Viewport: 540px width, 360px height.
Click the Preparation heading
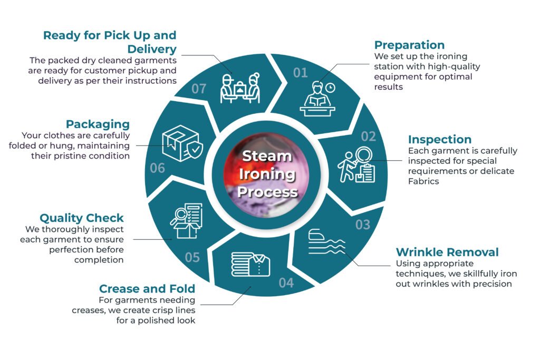[409, 45]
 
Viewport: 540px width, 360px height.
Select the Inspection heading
[439, 139]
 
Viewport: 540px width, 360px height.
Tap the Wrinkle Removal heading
[447, 252]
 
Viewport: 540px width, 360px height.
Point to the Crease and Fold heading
[147, 288]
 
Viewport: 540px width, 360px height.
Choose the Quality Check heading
[82, 218]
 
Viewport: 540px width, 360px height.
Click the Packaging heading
[98, 124]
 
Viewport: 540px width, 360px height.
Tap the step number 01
[300, 73]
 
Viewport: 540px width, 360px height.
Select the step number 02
[368, 137]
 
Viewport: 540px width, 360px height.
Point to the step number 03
[363, 225]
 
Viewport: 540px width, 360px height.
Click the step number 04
[286, 283]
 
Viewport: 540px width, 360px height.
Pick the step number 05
[192, 257]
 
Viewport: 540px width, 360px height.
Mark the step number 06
[157, 168]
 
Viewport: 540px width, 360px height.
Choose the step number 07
[199, 89]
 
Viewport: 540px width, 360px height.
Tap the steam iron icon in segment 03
[326, 241]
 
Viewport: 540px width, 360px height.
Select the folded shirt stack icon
[250, 264]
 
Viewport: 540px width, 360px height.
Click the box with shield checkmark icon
[182, 143]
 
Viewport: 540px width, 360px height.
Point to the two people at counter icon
[240, 88]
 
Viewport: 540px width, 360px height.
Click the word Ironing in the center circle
[267, 174]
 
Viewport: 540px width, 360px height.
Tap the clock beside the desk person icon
[330, 87]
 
